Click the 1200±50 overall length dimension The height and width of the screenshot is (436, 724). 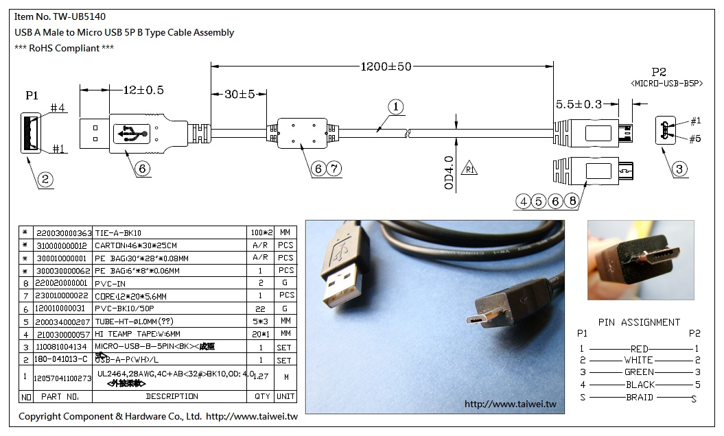click(x=385, y=66)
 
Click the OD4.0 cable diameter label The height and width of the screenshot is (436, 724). click(x=449, y=173)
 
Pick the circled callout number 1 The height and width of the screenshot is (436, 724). click(x=395, y=107)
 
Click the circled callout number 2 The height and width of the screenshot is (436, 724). click(x=45, y=180)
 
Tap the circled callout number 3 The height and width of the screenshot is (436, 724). click(x=679, y=169)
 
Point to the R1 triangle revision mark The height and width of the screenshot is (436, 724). click(x=469, y=169)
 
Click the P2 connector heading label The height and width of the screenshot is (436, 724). click(x=659, y=72)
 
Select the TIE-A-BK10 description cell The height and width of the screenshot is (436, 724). click(x=118, y=233)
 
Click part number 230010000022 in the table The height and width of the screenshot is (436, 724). click(x=62, y=295)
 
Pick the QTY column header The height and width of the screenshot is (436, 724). click(x=261, y=396)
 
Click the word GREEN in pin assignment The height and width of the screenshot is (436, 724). click(x=638, y=372)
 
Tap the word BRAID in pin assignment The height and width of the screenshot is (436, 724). click(x=639, y=398)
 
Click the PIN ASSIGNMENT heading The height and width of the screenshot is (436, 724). click(x=639, y=322)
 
